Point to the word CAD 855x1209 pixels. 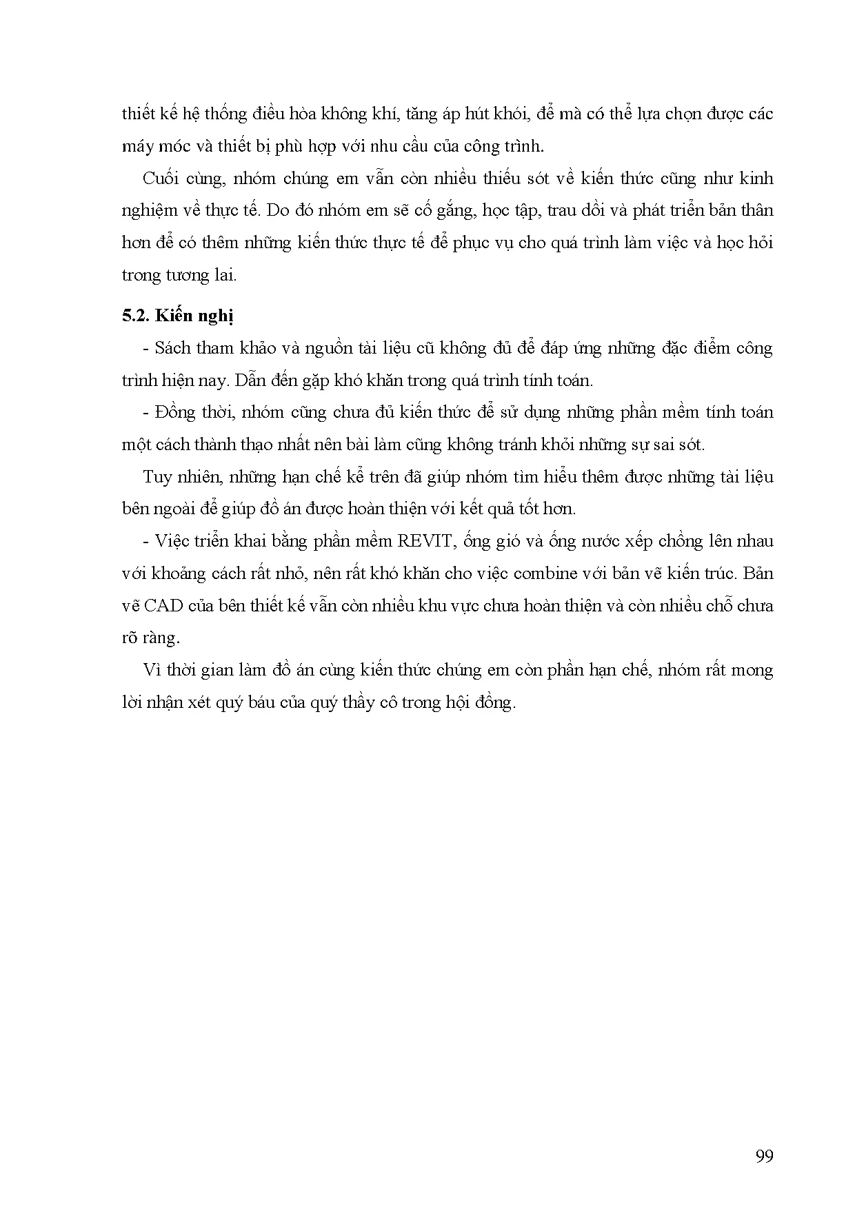click(163, 605)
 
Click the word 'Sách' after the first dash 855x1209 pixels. click(173, 347)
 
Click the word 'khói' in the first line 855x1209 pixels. click(507, 114)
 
